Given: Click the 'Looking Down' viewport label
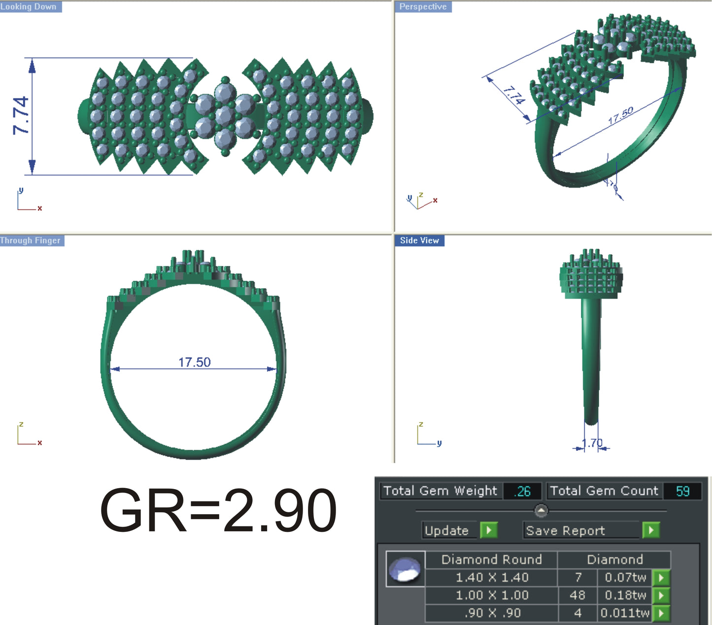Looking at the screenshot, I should coord(29,6).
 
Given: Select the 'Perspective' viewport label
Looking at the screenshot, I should coord(423,6).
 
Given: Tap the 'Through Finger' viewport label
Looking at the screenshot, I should coord(31,240).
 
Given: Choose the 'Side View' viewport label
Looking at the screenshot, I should coord(419,240).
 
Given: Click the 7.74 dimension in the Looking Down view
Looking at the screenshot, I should coord(21,116).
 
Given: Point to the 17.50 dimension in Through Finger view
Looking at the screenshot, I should coord(194,362).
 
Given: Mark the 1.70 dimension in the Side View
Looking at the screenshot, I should coord(592,443).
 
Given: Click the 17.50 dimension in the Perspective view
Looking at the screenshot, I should coord(620,116).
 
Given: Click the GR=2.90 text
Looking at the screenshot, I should coord(218,510).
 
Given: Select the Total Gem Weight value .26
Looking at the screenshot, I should coord(522,491).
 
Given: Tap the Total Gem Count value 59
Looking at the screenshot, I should coord(682,491).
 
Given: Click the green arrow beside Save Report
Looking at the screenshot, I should coord(651,530).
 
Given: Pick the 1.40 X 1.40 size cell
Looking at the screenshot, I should coord(491,577).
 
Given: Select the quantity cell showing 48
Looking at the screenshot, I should coord(577,595).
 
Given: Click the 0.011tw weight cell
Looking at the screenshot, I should coord(624,613).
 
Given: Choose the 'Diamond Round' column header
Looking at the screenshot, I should coord(491,559).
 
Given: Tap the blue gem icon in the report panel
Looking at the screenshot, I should coord(405,569).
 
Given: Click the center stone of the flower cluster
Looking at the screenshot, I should coord(225,116).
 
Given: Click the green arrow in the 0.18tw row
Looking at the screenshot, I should coord(661,595).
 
